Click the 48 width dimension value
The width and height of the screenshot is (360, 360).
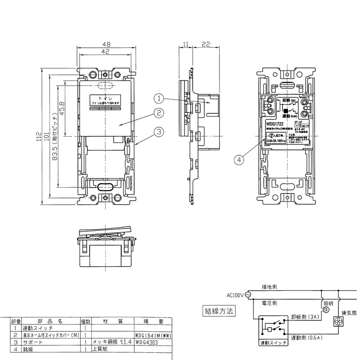[106, 45]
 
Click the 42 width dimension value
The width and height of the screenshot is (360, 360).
[106, 52]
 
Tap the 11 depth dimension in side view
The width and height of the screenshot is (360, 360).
[185, 44]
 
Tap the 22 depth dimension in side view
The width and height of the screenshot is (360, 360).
[205, 44]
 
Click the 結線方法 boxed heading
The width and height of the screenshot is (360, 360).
[219, 310]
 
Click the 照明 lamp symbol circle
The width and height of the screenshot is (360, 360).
[326, 310]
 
